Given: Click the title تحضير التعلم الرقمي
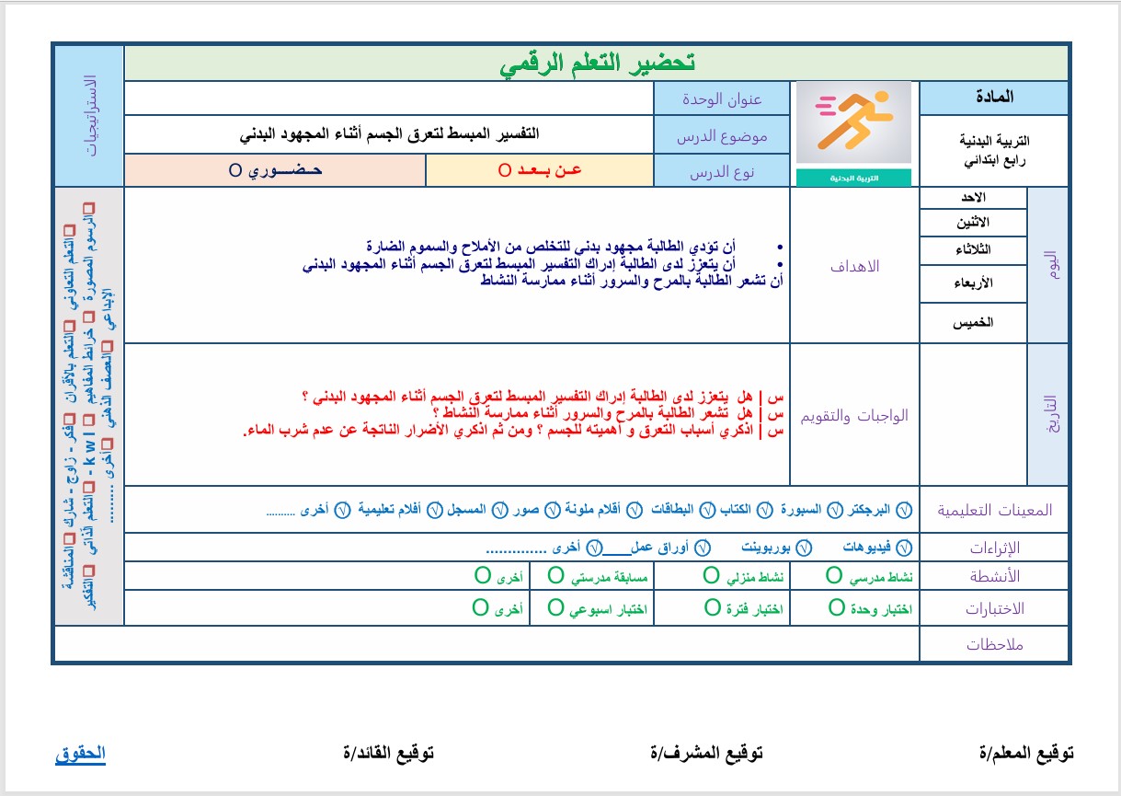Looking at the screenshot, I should (597, 63).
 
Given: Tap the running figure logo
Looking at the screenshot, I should (853, 123).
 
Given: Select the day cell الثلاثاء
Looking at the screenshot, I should (974, 250).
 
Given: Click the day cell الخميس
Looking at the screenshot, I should (974, 323).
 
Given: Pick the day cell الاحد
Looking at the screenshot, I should (974, 198).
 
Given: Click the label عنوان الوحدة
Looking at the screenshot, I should (722, 98).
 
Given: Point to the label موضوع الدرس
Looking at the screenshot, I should (722, 136).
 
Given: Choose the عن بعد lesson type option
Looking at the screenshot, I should (540, 171).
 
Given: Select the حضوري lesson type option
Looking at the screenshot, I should (275, 171).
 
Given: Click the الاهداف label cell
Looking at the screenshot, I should (855, 266).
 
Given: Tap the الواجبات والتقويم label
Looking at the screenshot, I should (855, 415).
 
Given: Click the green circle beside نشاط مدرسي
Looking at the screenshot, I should (834, 576).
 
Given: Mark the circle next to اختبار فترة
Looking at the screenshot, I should (712, 607).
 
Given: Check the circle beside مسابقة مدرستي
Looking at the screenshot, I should (556, 576).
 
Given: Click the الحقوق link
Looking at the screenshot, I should (80, 754).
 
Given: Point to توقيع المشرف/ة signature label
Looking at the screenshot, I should (706, 754).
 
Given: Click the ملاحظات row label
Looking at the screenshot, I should (995, 644).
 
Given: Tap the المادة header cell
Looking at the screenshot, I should (994, 97).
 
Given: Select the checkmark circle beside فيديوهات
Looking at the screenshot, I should (904, 547).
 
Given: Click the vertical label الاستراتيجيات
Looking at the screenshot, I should (89, 115).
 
